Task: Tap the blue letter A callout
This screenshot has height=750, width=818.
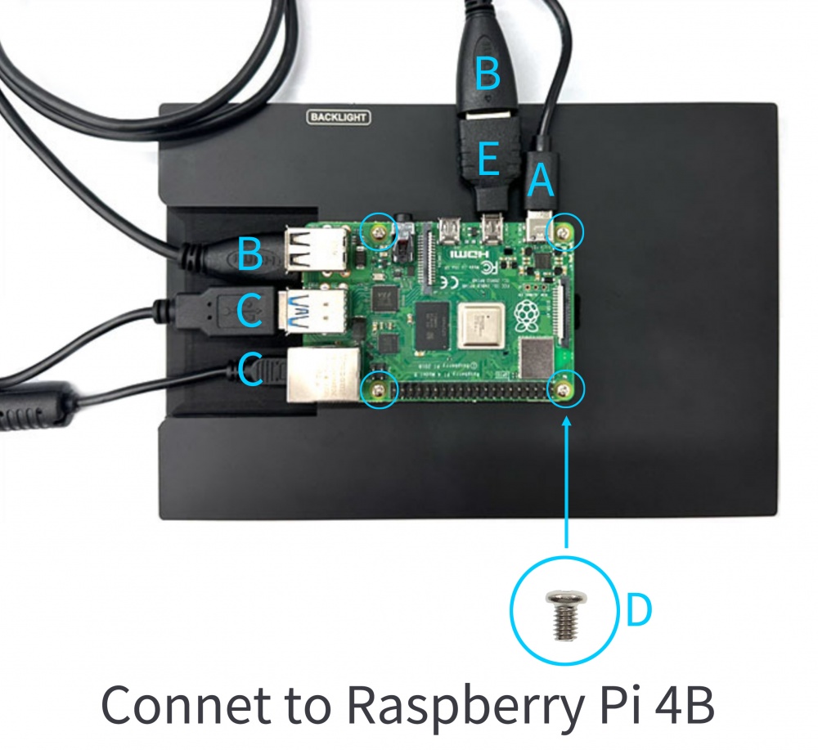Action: coord(540,181)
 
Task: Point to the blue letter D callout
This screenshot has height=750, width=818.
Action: coord(639,610)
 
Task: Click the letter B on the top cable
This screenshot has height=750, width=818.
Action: coord(488,76)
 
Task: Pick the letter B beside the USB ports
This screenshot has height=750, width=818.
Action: coord(249,254)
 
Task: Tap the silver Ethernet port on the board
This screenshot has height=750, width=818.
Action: coord(324,376)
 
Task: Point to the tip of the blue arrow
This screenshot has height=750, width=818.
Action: coord(566,418)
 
